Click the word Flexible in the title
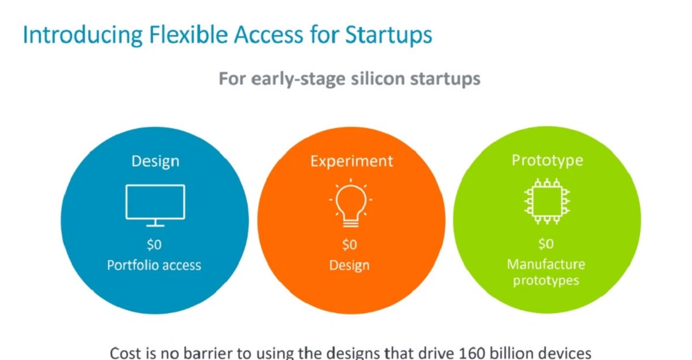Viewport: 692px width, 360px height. coord(188,34)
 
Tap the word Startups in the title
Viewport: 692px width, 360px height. coord(389,35)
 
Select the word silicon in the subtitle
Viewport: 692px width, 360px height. coord(378,78)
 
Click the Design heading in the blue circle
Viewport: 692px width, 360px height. coord(155,161)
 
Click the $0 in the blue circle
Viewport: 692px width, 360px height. coord(154,245)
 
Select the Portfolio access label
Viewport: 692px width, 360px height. coord(154,265)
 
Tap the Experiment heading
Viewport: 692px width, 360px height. coord(351,161)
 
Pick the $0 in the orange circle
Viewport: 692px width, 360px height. coord(349,245)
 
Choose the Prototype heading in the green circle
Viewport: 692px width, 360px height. coord(547,161)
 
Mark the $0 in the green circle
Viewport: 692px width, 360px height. coord(546,244)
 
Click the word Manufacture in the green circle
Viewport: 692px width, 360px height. coord(546,264)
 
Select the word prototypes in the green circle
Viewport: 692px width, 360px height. coord(546,281)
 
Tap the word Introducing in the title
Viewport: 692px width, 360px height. coord(83,35)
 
